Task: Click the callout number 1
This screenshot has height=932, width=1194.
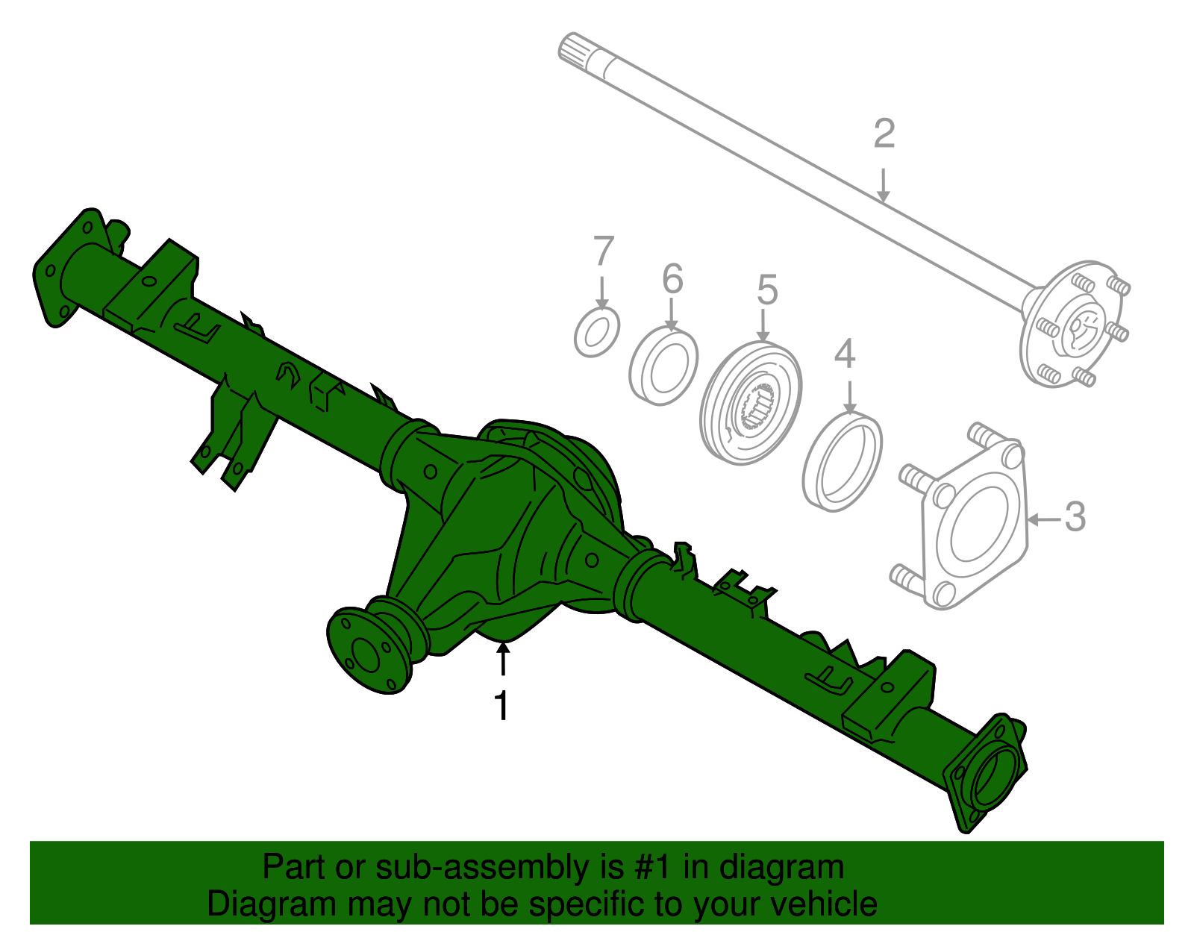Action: click(x=502, y=705)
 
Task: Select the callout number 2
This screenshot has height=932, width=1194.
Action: click(x=884, y=134)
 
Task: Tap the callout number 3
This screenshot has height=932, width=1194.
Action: click(x=1075, y=516)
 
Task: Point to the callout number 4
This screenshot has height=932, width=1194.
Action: click(x=844, y=354)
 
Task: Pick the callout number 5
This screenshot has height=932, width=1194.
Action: click(x=767, y=290)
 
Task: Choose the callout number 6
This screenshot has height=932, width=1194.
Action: click(x=672, y=279)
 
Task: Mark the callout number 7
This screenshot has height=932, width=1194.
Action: click(x=603, y=251)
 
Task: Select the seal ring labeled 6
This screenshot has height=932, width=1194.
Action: click(x=663, y=366)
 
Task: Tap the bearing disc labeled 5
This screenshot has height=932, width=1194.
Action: click(x=751, y=403)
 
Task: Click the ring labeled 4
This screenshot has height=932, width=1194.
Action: click(x=843, y=462)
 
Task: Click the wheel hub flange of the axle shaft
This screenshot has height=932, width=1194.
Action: click(x=1075, y=325)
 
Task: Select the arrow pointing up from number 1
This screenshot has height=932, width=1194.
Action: click(x=504, y=660)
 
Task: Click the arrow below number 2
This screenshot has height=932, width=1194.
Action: click(x=884, y=186)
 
